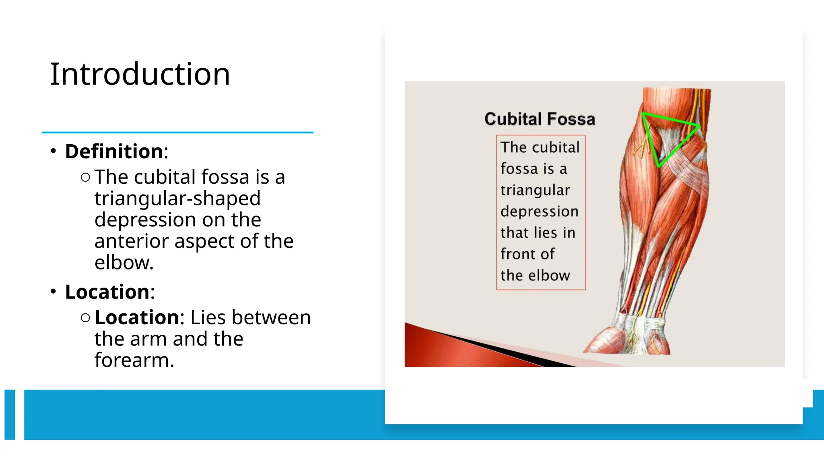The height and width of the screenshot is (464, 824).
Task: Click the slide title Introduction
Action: click(140, 75)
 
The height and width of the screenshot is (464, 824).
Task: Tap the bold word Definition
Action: click(114, 151)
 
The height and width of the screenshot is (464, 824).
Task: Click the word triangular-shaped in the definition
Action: click(177, 198)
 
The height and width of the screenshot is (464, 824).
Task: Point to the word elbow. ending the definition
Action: click(124, 263)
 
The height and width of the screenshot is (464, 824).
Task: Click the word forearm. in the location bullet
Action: click(134, 360)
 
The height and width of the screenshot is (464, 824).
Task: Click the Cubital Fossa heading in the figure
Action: click(540, 119)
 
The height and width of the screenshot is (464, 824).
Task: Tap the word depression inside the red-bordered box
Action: click(539, 211)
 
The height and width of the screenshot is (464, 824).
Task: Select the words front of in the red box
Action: click(527, 254)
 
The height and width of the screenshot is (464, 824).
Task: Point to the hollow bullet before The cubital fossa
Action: click(85, 177)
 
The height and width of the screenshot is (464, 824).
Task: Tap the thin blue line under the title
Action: click(177, 132)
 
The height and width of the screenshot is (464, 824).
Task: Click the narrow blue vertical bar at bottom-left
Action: click(10, 414)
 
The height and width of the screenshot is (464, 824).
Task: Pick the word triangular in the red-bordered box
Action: click(535, 190)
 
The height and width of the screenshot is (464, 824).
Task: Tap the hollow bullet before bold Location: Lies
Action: click(85, 318)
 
